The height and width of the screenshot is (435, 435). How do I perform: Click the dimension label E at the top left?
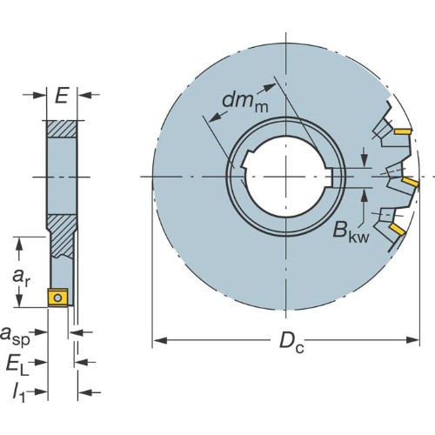pos(62,95)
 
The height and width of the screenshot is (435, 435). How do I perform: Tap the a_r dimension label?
pos(21,278)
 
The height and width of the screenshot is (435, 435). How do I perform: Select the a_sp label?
pos(15,335)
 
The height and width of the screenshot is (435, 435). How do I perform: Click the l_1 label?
pos(18,393)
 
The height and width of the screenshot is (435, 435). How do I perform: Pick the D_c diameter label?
pos(291,342)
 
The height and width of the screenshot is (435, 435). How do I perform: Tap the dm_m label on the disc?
pos(245,102)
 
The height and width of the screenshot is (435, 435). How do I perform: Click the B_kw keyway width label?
pos(351,232)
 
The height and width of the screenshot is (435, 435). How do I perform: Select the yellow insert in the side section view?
pos(58,298)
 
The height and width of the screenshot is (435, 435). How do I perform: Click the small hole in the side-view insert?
pos(58,298)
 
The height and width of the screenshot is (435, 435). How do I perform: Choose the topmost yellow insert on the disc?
pos(403,131)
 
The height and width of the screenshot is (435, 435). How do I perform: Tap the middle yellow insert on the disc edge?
pos(410,182)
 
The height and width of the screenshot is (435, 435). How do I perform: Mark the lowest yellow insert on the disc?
pos(398,229)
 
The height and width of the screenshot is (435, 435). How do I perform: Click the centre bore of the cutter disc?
pos(286,177)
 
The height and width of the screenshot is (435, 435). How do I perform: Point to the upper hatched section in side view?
pos(62,129)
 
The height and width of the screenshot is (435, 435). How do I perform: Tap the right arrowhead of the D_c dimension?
pos(412,340)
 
